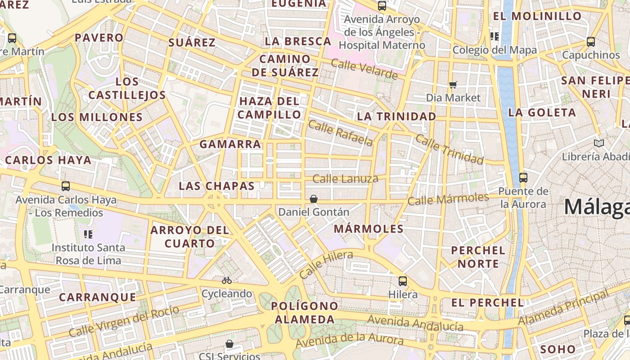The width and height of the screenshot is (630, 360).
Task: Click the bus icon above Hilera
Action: [x=403, y=281]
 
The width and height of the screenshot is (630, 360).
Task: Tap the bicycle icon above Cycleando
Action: [x=227, y=280]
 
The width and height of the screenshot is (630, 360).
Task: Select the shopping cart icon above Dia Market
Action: [x=453, y=85]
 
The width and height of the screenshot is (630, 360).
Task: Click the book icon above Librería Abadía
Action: [x=599, y=143]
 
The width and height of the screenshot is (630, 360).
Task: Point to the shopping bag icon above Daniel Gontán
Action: [x=314, y=198]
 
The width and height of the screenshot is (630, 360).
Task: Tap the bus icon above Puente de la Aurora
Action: [x=523, y=177]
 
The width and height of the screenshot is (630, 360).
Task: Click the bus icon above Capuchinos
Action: [x=591, y=42]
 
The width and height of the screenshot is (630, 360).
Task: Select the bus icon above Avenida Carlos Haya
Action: [x=66, y=186]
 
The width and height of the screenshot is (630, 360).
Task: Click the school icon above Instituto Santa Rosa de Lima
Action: [x=88, y=234]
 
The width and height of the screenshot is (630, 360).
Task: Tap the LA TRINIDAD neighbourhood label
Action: [x=396, y=117]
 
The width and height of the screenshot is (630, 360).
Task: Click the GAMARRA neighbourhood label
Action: [x=230, y=144]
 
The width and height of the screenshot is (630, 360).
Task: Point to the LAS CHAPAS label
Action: [x=216, y=186]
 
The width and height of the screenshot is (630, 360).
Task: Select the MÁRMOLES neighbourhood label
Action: [x=369, y=229]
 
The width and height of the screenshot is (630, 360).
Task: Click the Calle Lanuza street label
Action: [x=345, y=179]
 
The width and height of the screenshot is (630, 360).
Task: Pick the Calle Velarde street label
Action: [x=364, y=68]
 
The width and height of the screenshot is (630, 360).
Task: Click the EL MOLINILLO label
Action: [x=537, y=16]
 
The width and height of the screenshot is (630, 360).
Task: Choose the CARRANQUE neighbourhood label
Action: [x=97, y=297]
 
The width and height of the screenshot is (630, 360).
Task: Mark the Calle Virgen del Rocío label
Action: [x=124, y=321]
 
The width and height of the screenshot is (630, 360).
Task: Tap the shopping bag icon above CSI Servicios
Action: [x=229, y=344]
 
